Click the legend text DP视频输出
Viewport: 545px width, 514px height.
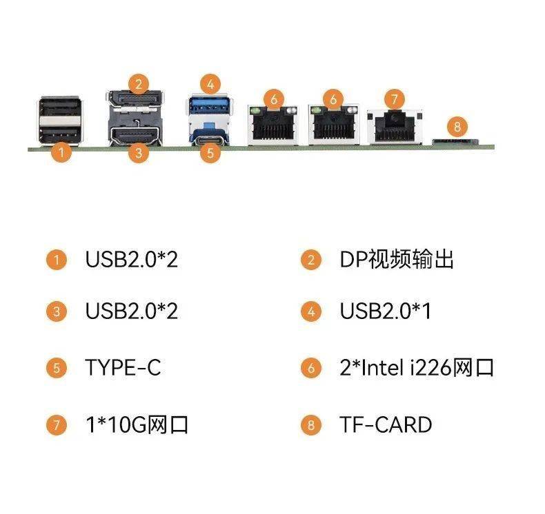[x=397, y=259]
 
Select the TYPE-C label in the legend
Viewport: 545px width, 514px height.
[x=123, y=367]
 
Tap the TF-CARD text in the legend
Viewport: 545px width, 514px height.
[x=386, y=424]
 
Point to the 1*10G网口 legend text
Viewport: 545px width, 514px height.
[x=137, y=424]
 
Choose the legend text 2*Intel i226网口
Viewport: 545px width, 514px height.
[x=417, y=367]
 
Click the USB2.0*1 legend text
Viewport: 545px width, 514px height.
[x=386, y=311]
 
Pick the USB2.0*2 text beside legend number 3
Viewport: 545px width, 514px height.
[x=131, y=311]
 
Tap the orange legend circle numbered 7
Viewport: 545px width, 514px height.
[x=57, y=425]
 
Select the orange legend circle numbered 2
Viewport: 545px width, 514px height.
[x=311, y=260]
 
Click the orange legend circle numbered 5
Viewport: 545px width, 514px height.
[x=57, y=368]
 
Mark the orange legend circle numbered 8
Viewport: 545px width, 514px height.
[x=311, y=425]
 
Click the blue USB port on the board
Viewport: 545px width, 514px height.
[x=210, y=105]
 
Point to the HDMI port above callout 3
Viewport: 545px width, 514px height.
[x=135, y=134]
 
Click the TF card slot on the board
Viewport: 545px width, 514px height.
[x=455, y=142]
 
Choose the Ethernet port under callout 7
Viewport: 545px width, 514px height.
[x=395, y=127]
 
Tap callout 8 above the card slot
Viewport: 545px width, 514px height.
[x=457, y=127]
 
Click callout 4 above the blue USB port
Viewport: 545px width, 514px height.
[x=210, y=84]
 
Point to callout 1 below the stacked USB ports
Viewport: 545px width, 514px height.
[x=61, y=152]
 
